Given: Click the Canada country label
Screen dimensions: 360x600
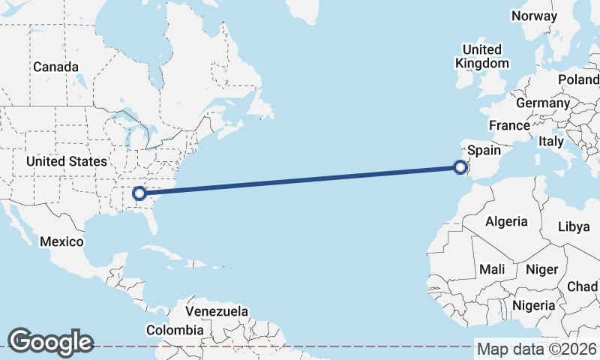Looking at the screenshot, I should [x=55, y=67].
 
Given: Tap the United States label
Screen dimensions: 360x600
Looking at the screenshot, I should [x=66, y=161].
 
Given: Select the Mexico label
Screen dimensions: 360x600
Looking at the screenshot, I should [x=60, y=241].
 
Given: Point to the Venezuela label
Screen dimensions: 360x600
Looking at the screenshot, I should [x=217, y=310].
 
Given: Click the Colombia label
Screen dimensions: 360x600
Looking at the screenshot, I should [x=175, y=329].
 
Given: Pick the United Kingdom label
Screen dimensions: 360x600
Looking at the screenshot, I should [x=481, y=56].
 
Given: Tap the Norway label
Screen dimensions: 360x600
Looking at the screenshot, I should [x=534, y=16].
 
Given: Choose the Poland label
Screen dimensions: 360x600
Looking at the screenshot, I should [x=578, y=79].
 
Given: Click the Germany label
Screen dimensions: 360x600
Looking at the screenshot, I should [x=543, y=103].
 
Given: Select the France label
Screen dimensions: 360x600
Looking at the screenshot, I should [x=509, y=125].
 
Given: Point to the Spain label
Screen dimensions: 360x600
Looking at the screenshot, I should [x=484, y=150].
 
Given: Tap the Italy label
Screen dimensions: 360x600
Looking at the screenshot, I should [x=551, y=141].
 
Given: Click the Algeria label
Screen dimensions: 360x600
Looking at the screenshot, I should [x=506, y=221].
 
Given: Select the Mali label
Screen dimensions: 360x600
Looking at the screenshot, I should [x=493, y=269].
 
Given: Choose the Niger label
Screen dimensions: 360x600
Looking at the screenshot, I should [x=542, y=269].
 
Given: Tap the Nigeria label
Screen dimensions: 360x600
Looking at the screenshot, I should [x=534, y=305].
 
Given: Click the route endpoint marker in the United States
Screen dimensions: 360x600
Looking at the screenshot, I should [x=139, y=193].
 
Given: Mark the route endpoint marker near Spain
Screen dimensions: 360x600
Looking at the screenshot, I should [x=460, y=168].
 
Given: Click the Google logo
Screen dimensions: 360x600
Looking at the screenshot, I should [x=50, y=342].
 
